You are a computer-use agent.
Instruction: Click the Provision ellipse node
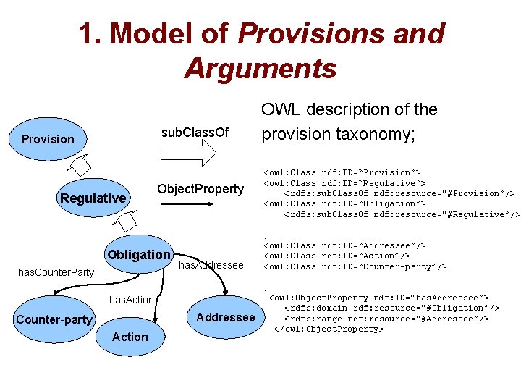[x=48, y=138]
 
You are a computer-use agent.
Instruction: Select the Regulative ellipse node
[x=93, y=198]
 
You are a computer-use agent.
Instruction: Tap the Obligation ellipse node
[x=138, y=254]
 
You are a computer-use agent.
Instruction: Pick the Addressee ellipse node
[x=226, y=317]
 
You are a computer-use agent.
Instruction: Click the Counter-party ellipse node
[x=54, y=319]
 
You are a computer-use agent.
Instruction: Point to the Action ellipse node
[x=130, y=337]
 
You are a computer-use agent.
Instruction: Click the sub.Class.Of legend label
[x=195, y=132]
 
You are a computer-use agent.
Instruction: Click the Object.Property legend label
[x=200, y=189]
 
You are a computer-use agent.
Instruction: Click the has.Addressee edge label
[x=211, y=266]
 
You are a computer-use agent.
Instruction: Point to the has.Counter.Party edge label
[x=56, y=272]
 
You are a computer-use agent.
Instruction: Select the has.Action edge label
[x=131, y=300]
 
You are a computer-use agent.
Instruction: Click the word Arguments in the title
[x=260, y=69]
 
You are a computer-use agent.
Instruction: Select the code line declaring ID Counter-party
[x=355, y=266]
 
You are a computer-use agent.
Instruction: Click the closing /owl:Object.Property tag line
[x=328, y=329]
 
